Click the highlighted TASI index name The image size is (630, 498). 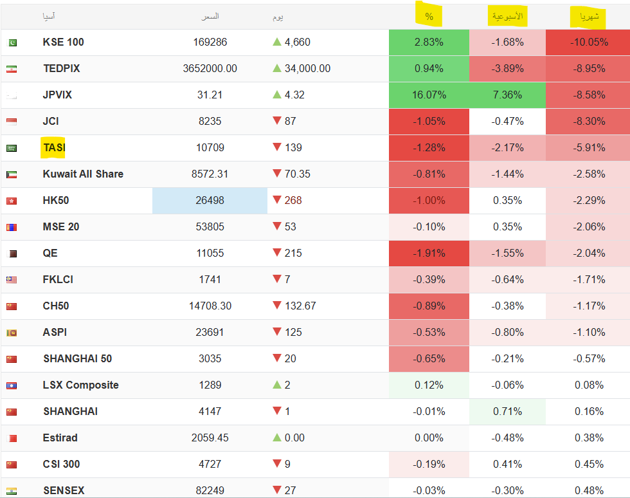click(x=54, y=147)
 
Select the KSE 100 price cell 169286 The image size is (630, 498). click(x=210, y=42)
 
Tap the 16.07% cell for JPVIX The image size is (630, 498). click(x=429, y=95)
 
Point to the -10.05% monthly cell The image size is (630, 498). click(x=587, y=42)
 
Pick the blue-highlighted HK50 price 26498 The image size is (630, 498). click(x=210, y=200)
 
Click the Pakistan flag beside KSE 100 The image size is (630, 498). click(x=12, y=43)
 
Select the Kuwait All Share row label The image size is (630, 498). click(x=83, y=174)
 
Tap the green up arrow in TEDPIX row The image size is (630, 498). click(x=277, y=68)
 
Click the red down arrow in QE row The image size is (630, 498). click(x=277, y=253)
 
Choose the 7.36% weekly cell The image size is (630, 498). click(x=507, y=95)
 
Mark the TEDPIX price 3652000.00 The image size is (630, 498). click(x=210, y=68)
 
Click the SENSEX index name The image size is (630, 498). click(x=64, y=490)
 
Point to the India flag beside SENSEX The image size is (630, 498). click(x=12, y=491)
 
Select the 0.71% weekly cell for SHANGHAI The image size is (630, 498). click(x=507, y=411)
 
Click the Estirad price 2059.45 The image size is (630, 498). click(x=210, y=438)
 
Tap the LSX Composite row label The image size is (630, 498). click(x=80, y=385)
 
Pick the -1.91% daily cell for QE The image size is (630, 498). click(x=429, y=253)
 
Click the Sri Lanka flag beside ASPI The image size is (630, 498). click(x=12, y=333)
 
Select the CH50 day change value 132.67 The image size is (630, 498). click(x=300, y=306)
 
